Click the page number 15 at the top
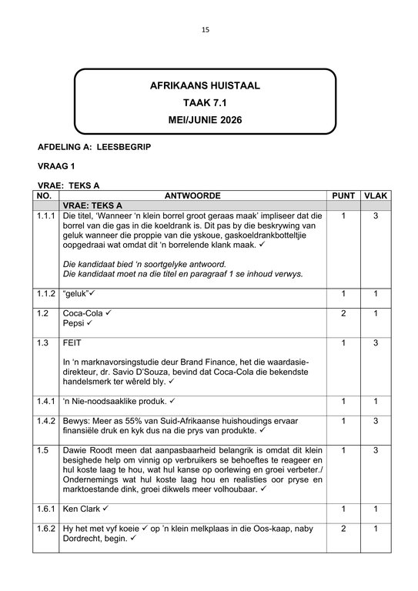(206, 30)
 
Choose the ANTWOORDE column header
(192, 195)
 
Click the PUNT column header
(343, 195)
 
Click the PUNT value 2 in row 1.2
(343, 314)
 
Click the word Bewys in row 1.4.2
(76, 421)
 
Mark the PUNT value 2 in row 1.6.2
(343, 529)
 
